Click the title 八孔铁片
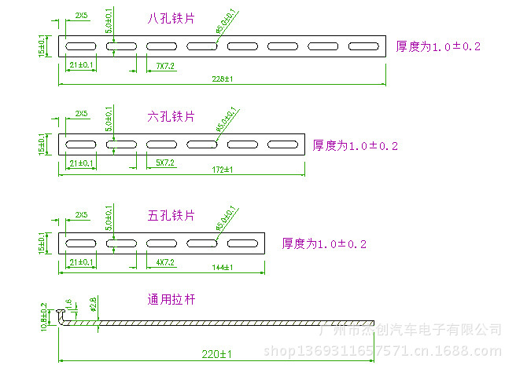pos(171,17)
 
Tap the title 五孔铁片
pos(171,215)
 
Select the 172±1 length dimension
pos(223,170)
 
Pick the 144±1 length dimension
pos(223,268)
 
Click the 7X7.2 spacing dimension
pos(164,67)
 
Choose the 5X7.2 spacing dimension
pos(164,163)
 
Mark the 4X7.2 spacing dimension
pos(164,262)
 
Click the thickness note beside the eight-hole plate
pos(438,47)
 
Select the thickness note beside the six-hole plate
pos(356,145)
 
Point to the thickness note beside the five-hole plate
pos(324,244)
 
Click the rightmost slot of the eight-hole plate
pos(364,46)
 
